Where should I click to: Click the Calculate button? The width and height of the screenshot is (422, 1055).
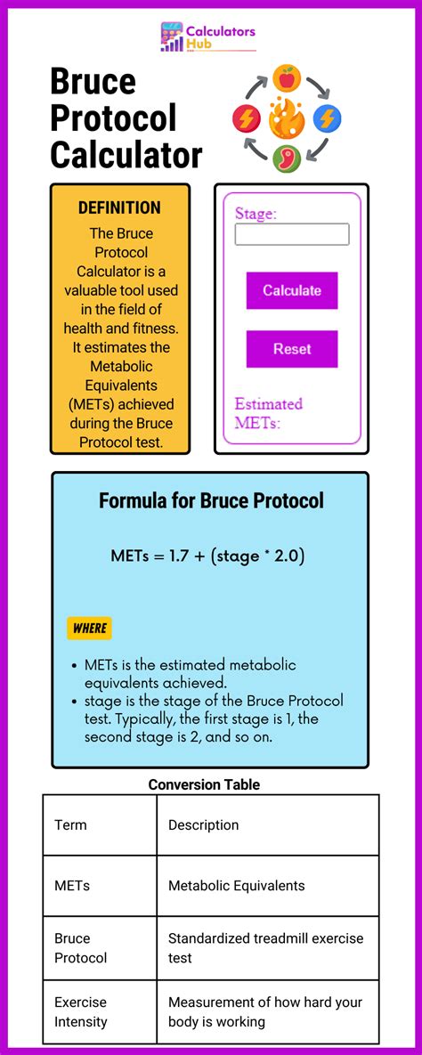click(x=292, y=290)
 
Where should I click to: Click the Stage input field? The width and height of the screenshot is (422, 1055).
click(x=292, y=234)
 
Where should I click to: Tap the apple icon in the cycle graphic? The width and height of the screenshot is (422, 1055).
click(x=287, y=79)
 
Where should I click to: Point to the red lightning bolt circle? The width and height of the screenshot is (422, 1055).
click(x=246, y=118)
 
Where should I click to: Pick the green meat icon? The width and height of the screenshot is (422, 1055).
click(x=287, y=158)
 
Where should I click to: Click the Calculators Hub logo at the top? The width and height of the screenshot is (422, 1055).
click(x=207, y=37)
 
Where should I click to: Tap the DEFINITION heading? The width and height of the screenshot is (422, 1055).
click(x=119, y=207)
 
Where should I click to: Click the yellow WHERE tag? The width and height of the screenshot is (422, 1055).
click(x=89, y=628)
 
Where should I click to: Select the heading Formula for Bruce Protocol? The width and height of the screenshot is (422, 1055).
click(x=211, y=500)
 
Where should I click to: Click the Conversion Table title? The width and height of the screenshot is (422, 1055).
click(x=204, y=784)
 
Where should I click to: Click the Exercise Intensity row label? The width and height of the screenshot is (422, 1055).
click(x=80, y=1011)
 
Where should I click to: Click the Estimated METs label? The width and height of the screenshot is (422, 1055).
click(x=269, y=413)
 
